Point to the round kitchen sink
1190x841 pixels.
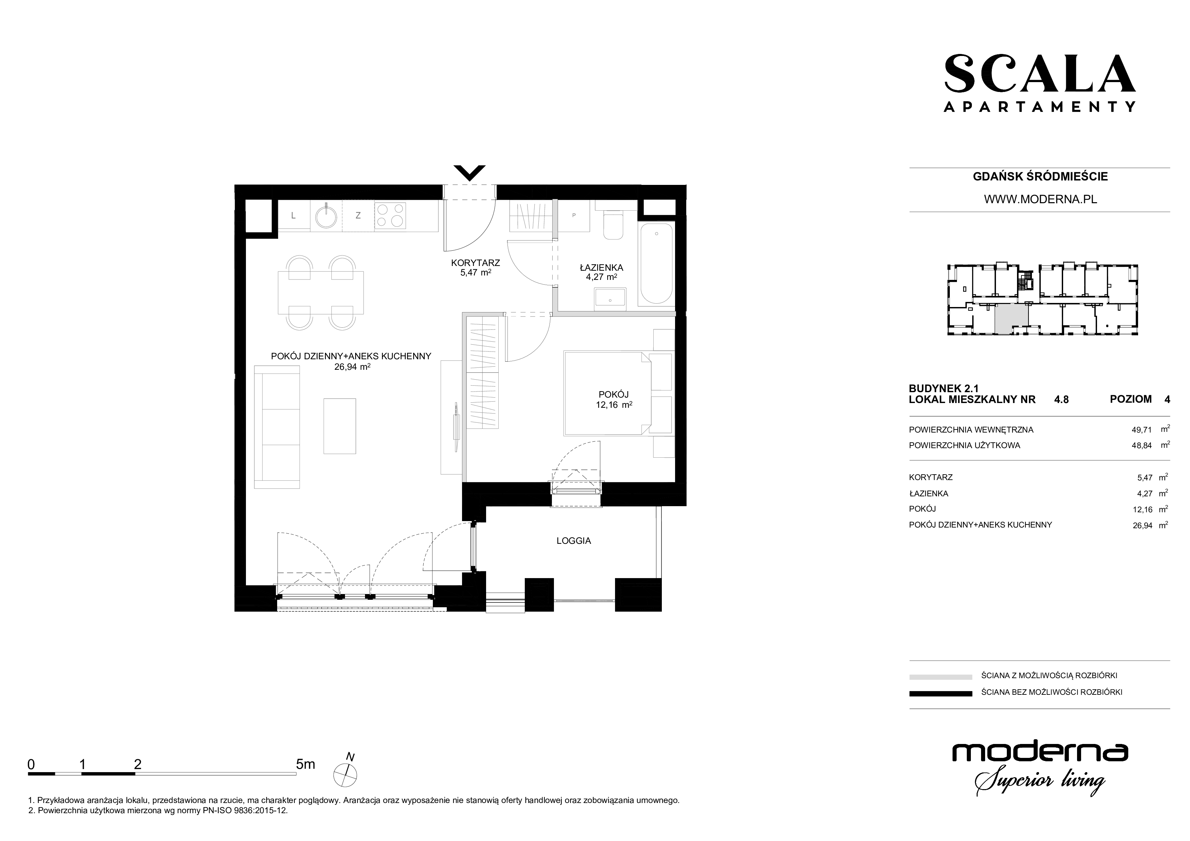coord(326,216)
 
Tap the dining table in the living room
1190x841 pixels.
coord(321,293)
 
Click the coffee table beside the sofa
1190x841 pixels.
coord(340,426)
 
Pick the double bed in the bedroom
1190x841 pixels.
coord(608,393)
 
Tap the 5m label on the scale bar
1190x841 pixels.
coord(305,764)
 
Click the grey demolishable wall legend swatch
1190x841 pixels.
coord(941,677)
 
